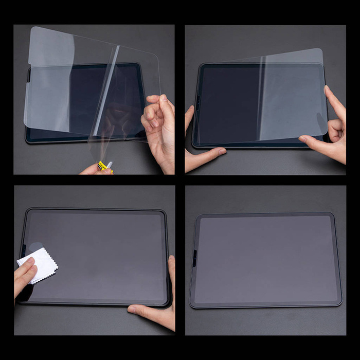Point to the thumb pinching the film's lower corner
(x=314, y=140)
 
